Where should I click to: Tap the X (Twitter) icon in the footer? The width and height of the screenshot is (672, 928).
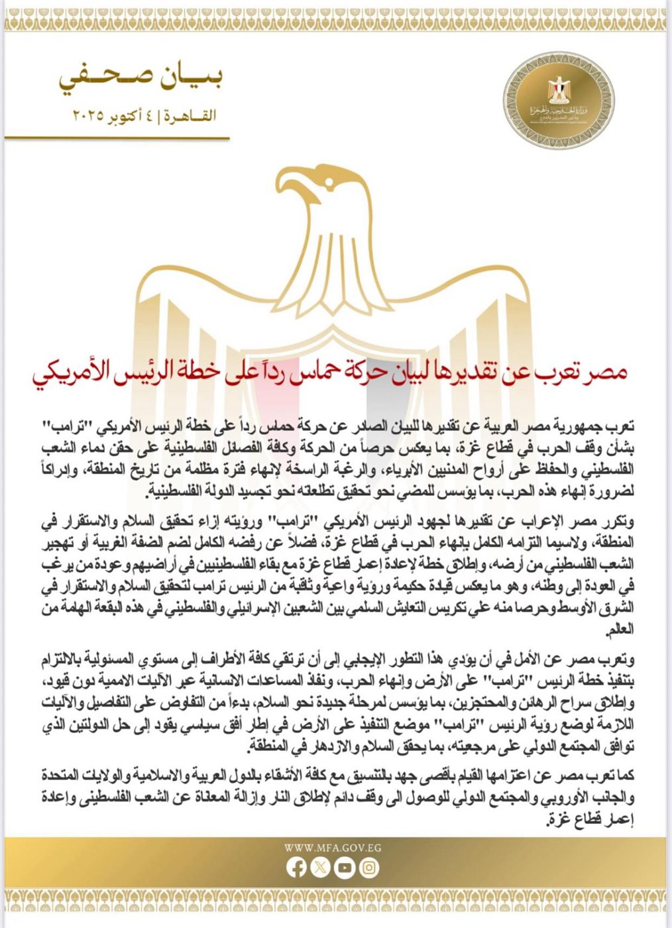pyautogui.click(x=321, y=868)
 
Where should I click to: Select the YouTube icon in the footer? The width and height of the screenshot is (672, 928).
pyautogui.click(x=345, y=868)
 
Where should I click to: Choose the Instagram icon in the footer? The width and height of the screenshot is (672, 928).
pyautogui.click(x=370, y=868)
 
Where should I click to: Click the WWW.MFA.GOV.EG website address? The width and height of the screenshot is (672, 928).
pyautogui.click(x=333, y=848)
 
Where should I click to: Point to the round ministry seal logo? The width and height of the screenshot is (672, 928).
pyautogui.click(x=551, y=100)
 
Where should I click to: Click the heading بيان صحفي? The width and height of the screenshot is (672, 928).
pyautogui.click(x=141, y=78)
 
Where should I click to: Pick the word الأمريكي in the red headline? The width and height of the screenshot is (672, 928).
pyautogui.click(x=68, y=373)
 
